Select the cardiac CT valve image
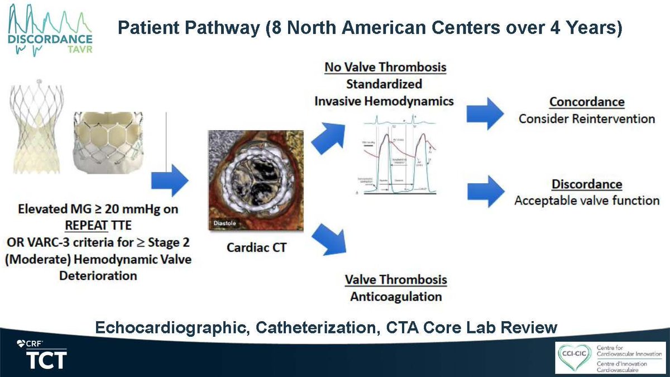(x=255, y=178)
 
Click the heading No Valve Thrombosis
(x=385, y=68)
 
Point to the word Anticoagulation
(x=396, y=296)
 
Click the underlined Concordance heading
(x=586, y=102)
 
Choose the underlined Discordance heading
(x=586, y=184)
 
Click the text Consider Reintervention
(x=586, y=119)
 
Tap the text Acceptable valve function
(x=586, y=201)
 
